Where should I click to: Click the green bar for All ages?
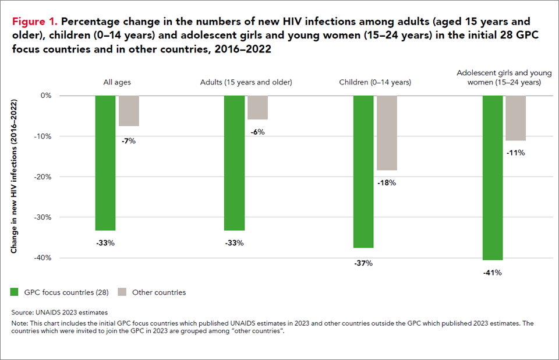pos(105,163)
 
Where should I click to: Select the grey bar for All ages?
pos(129,111)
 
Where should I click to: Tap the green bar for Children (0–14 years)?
pos(363,171)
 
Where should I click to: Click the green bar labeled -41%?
pos(493,178)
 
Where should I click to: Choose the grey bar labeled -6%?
pos(257,108)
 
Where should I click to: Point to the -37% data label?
pos(363,263)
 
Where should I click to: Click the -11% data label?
pos(516,153)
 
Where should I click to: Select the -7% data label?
pos(128,141)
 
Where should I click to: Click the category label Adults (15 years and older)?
pos(246,82)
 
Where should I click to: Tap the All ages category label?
pos(117,82)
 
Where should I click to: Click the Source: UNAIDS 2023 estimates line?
pos(59,313)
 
